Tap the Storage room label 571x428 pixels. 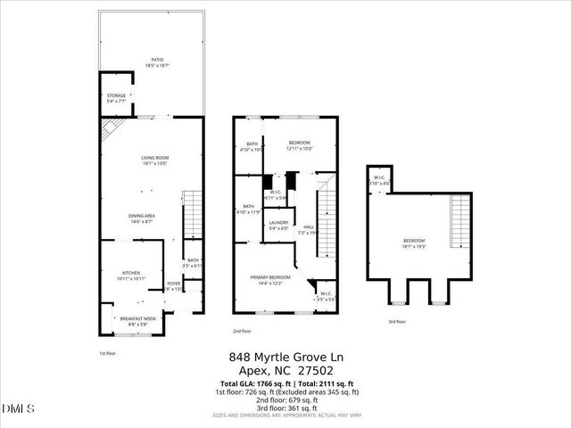(x=116, y=98)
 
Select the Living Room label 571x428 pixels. (x=154, y=161)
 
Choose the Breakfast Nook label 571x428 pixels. (x=137, y=321)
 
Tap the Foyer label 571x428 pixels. (x=174, y=286)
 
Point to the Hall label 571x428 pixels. (x=309, y=230)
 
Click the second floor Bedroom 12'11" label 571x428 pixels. (x=299, y=146)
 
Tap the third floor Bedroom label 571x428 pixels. (x=414, y=243)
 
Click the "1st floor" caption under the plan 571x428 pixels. (x=107, y=354)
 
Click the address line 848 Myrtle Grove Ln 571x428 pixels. (x=285, y=355)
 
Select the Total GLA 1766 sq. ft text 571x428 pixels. (x=254, y=383)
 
